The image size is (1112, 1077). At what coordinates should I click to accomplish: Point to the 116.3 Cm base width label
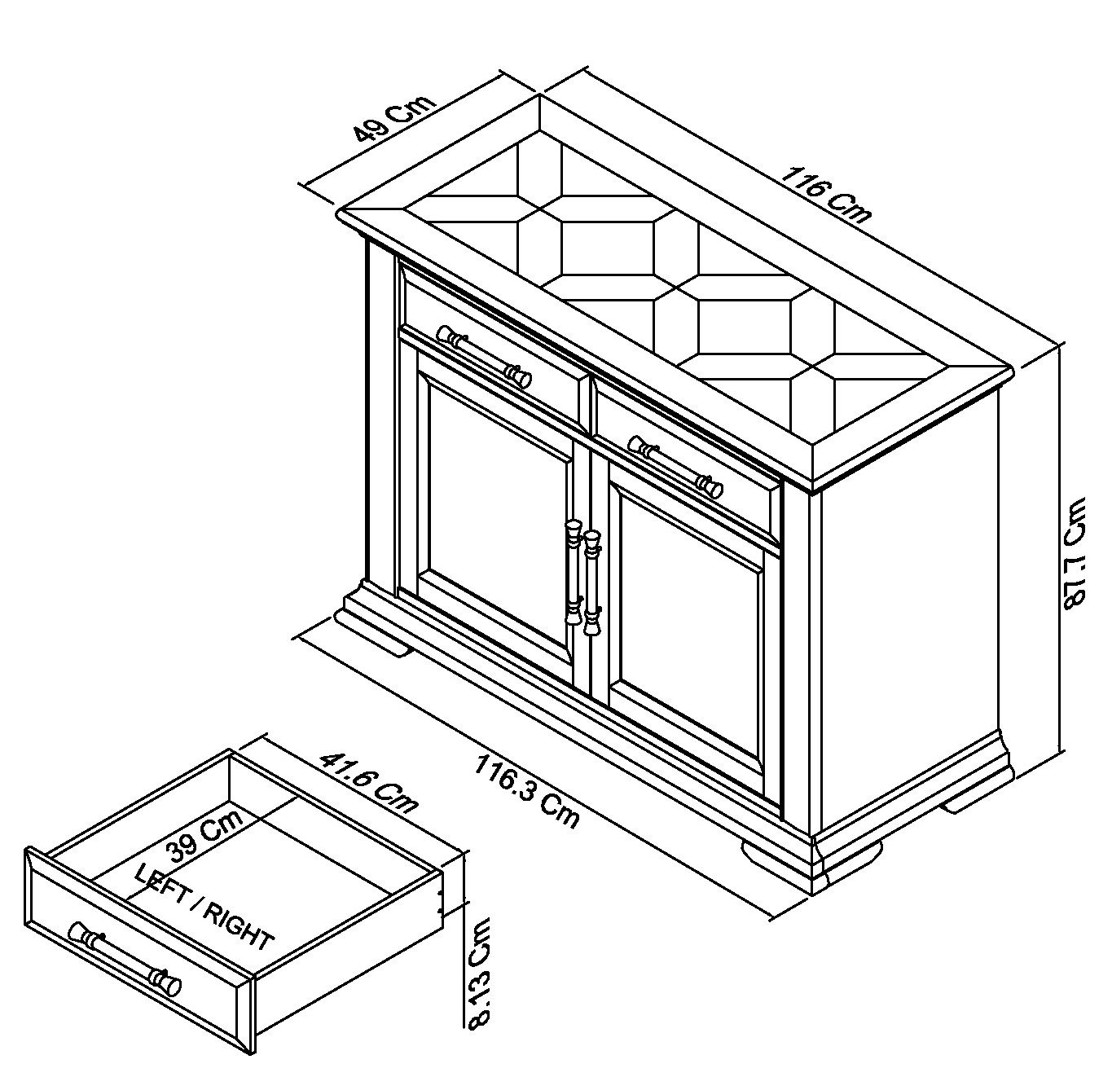(x=525, y=791)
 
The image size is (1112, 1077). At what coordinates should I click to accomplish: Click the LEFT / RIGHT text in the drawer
(x=203, y=908)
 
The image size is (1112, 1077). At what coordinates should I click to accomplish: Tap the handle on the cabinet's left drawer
(x=485, y=356)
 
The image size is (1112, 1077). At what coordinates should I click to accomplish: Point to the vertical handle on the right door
(x=591, y=582)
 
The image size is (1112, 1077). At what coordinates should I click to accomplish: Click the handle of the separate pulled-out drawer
(x=125, y=959)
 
